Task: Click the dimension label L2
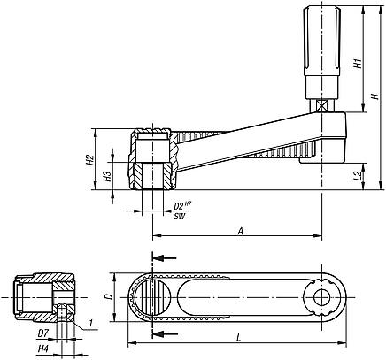click(x=357, y=177)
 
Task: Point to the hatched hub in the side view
click(x=153, y=159)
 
